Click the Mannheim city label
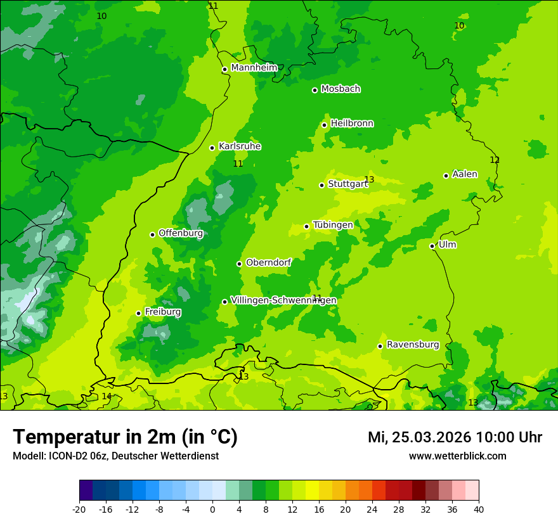(254, 68)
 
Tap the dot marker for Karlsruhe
(212, 148)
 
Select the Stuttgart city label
(347, 184)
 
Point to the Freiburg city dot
(138, 313)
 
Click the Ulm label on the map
(447, 245)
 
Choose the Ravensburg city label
(413, 345)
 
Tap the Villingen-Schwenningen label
(283, 300)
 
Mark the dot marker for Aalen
(446, 176)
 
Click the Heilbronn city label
(352, 124)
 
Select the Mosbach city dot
(315, 90)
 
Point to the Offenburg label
(181, 233)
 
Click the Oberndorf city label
(269, 262)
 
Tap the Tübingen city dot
(306, 226)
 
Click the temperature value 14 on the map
(107, 396)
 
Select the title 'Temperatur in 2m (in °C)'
(125, 437)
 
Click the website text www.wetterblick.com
(457, 456)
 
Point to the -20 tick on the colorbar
(79, 509)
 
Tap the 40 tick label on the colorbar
(479, 509)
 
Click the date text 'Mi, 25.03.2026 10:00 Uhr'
(455, 437)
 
